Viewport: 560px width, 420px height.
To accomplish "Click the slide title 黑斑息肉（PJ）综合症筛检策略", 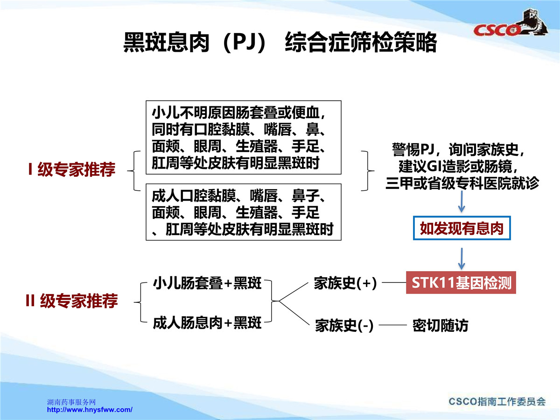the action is (280, 42).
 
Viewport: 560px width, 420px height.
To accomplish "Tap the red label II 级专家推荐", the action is (72, 301).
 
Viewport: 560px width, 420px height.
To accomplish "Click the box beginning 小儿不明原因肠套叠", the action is (244, 138).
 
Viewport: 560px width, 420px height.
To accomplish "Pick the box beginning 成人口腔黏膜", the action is (244, 212).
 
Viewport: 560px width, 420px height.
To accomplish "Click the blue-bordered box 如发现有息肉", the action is (462, 228).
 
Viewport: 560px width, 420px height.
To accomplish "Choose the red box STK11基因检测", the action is (461, 282).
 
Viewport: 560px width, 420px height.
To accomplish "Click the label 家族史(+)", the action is (345, 283).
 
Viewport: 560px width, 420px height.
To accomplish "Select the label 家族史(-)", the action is (344, 325).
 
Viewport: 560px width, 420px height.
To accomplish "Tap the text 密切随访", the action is (441, 325).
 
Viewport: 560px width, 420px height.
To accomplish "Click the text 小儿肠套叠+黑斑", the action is (207, 283).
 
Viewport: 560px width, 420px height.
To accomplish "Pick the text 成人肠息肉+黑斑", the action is (207, 323).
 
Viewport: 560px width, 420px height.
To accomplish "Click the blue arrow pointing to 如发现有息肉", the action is (462, 202).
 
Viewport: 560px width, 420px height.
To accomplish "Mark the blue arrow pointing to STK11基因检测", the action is (462, 259).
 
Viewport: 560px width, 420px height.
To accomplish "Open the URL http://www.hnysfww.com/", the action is (90, 410).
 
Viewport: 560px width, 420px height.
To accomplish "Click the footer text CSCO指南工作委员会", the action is (497, 402).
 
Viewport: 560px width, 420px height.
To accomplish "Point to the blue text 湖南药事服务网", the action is (71, 402).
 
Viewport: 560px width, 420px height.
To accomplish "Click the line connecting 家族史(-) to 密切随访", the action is (392, 325).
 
